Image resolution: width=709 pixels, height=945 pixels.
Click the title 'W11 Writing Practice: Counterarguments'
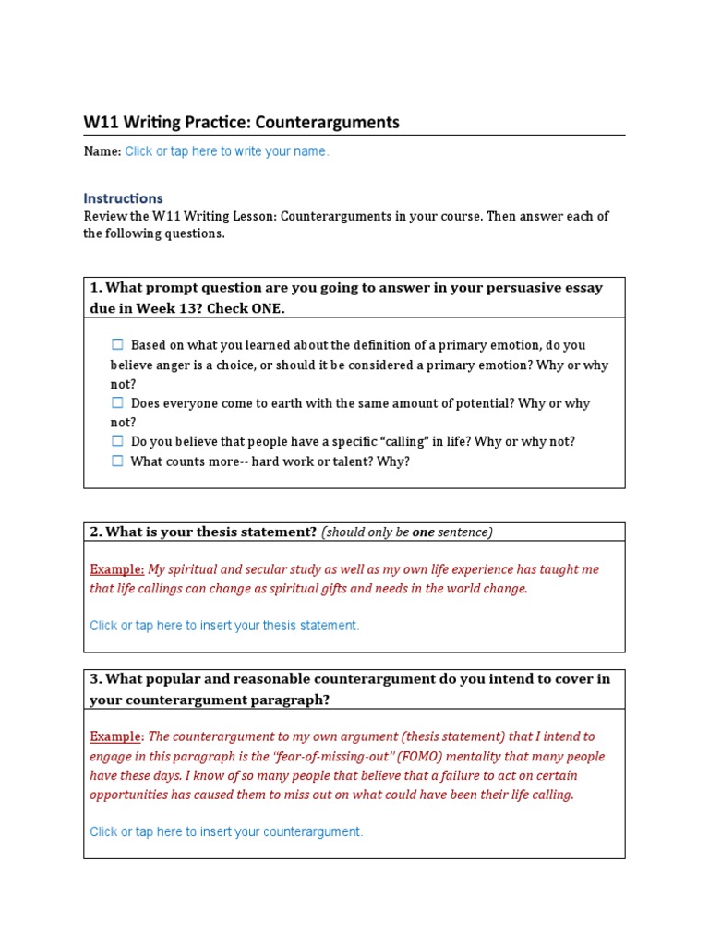241,122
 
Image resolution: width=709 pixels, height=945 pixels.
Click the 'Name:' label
102,151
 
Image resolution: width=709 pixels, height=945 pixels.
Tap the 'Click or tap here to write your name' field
226,151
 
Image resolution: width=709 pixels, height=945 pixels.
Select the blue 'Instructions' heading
123,198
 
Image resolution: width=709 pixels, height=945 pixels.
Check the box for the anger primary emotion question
117,345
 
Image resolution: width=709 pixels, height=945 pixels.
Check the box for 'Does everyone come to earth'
117,403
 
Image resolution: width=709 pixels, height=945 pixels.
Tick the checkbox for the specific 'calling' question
117,442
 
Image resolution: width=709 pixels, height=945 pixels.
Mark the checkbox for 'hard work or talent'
117,461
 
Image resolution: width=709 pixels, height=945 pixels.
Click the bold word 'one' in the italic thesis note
423,532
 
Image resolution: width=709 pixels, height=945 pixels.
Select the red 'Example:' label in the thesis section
116,569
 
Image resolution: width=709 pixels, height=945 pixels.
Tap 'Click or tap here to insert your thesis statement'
224,626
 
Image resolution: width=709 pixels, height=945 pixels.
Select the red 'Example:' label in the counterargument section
116,736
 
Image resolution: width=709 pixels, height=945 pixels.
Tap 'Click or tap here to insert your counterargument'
226,831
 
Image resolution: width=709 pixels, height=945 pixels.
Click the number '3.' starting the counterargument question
95,679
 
